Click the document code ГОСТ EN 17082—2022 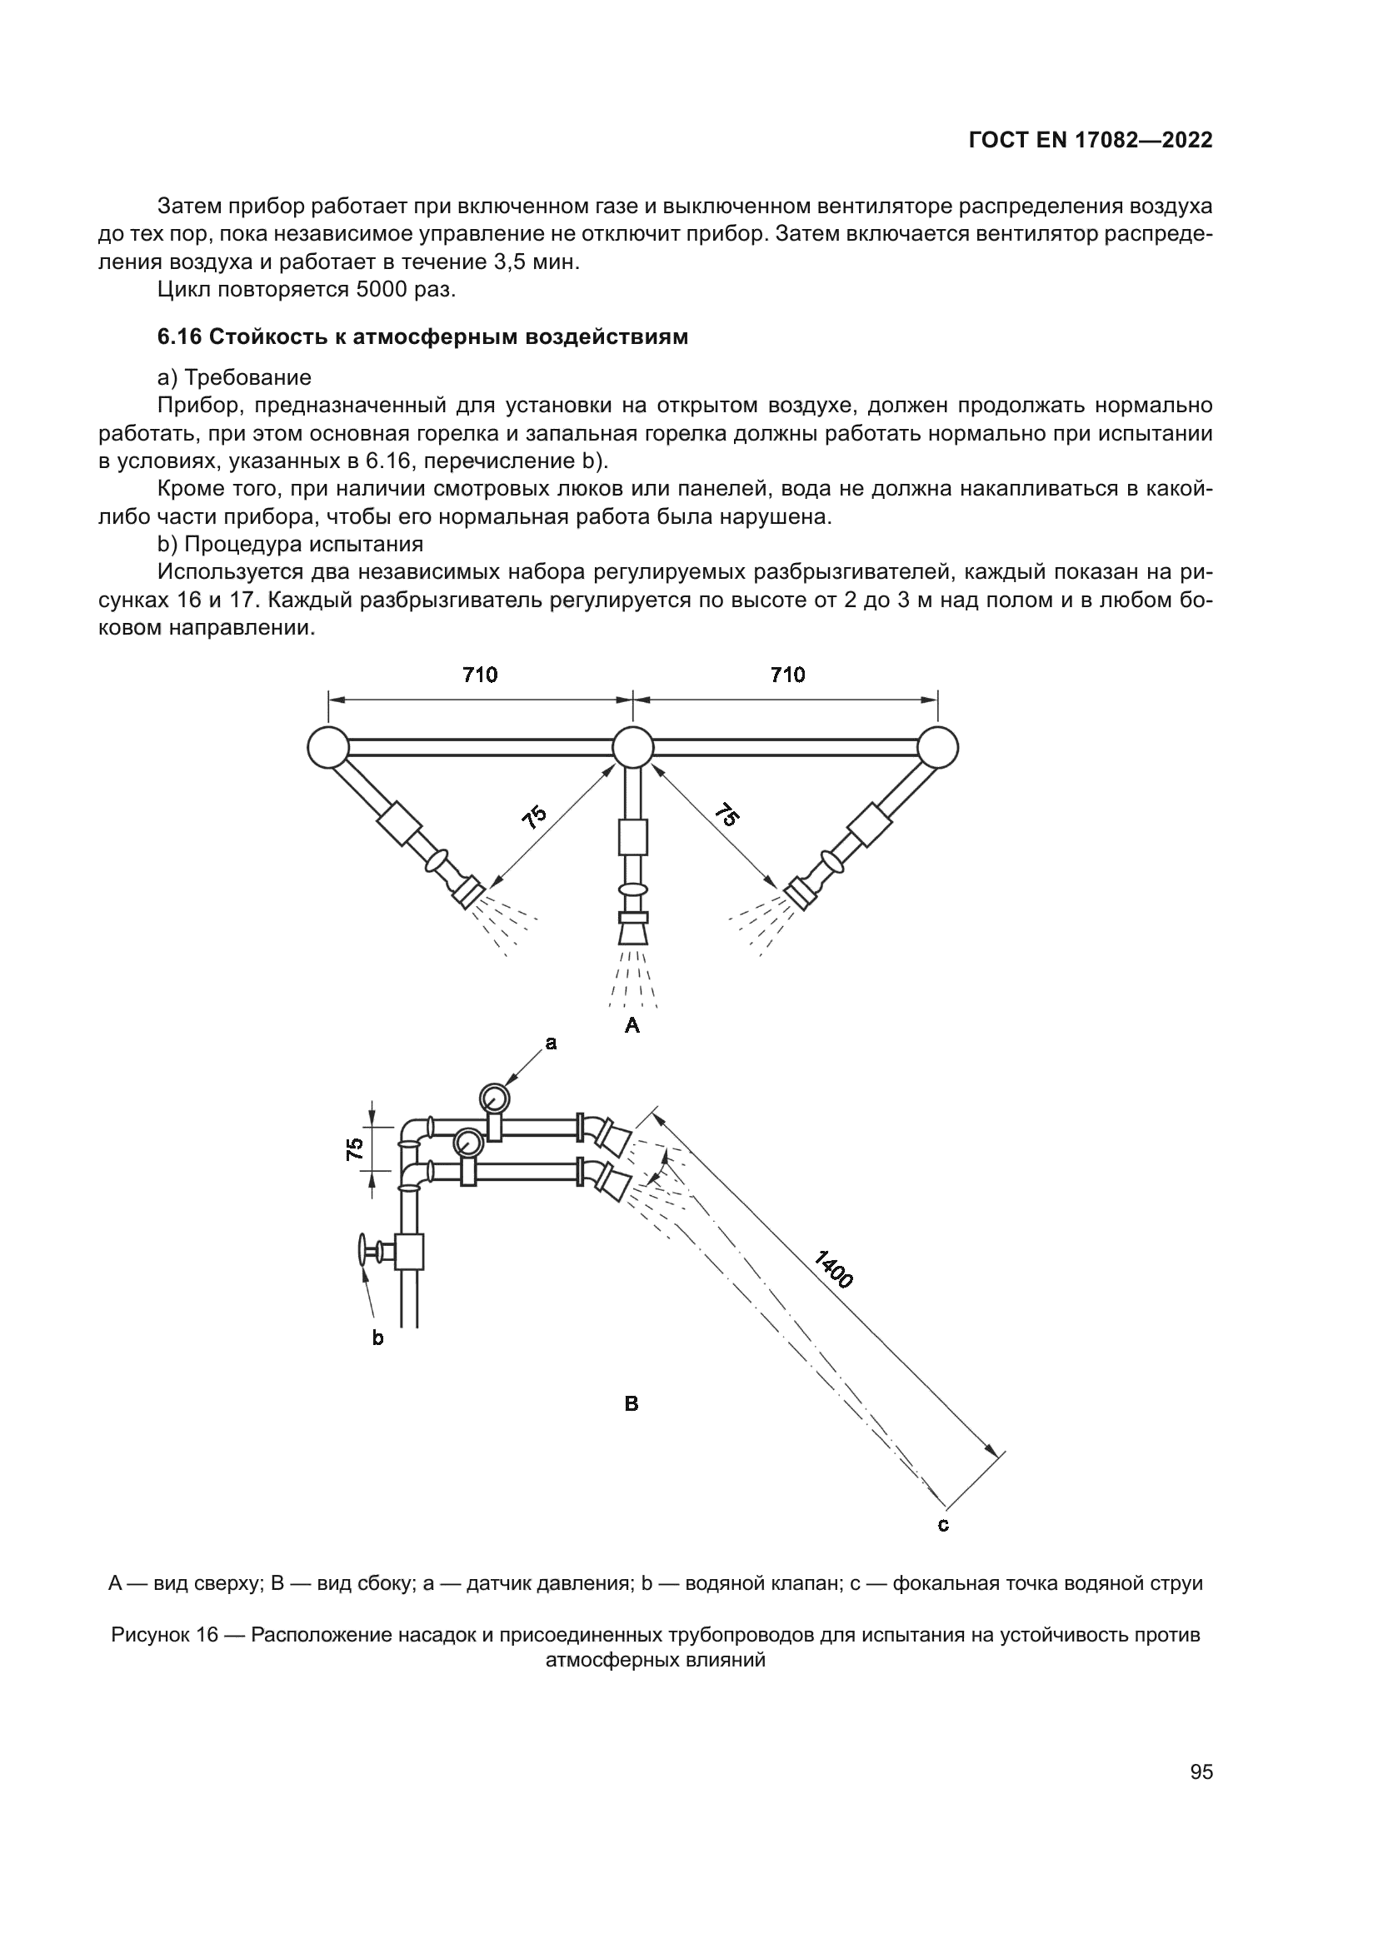(1090, 141)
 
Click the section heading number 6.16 (179, 336)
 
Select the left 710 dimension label (479, 675)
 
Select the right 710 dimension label (787, 675)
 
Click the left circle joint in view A (328, 747)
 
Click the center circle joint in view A (633, 747)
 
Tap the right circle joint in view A (937, 747)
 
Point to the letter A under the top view (632, 1026)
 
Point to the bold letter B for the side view (632, 1403)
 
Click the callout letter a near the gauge (551, 1044)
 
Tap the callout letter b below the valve (377, 1339)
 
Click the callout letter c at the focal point (943, 1525)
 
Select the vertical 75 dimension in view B (356, 1148)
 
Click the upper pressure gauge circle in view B (493, 1098)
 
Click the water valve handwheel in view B (363, 1251)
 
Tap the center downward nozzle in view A (633, 932)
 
